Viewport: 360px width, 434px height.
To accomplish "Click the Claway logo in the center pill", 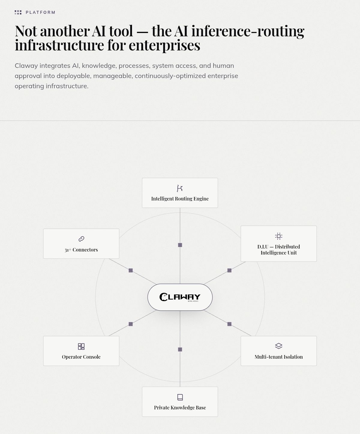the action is click(180, 297).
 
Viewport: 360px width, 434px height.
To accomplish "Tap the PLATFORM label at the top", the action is click(40, 13).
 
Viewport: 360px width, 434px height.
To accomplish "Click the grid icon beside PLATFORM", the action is click(18, 13).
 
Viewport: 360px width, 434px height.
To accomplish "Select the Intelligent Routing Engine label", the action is click(180, 199).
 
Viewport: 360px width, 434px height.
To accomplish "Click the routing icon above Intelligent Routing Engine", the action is click(180, 188).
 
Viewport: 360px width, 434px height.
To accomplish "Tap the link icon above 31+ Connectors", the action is click(81, 239).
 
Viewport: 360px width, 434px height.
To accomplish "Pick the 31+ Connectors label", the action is click(81, 250).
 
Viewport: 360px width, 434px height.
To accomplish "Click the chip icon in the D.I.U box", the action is click(279, 236).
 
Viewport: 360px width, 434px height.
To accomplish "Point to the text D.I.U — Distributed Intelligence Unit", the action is click(279, 250).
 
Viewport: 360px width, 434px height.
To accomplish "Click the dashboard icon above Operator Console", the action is click(81, 346).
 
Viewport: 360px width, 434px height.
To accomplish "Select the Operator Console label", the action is click(81, 357).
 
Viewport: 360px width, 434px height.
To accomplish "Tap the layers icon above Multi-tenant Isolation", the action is click(279, 346).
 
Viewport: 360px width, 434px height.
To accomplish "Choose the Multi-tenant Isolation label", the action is click(279, 357).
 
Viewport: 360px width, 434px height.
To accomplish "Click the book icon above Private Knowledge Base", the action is click(180, 397).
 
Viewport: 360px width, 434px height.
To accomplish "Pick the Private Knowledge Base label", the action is click(180, 408).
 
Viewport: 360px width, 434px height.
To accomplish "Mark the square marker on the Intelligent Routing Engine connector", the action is click(180, 245).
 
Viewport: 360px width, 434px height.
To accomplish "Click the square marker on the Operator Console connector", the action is click(131, 324).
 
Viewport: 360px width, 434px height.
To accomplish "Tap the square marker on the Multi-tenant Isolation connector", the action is click(229, 324).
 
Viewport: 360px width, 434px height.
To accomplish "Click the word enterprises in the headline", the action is click(164, 45).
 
